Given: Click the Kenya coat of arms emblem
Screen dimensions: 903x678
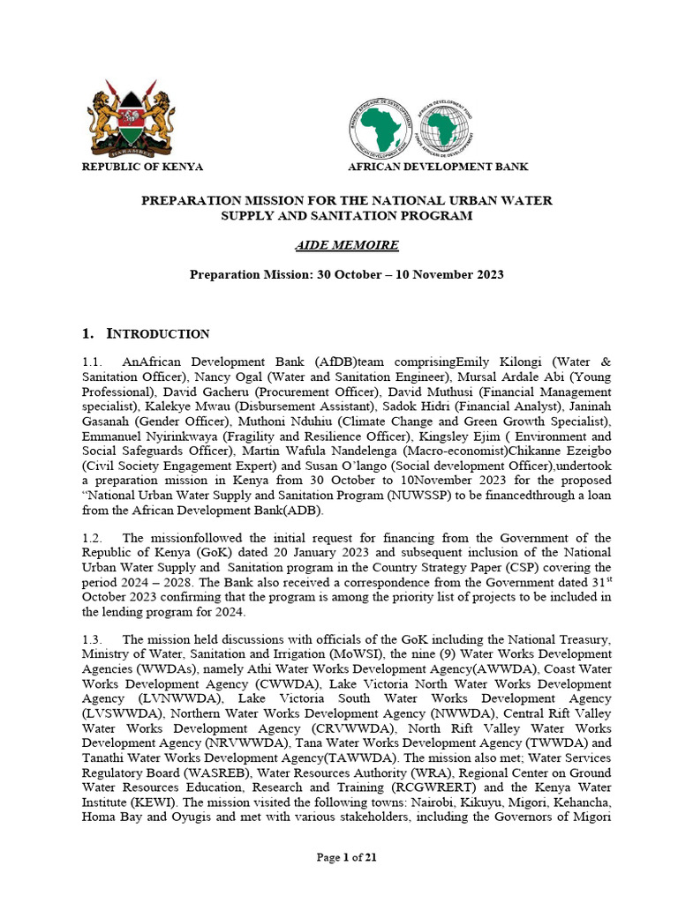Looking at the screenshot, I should (x=128, y=118).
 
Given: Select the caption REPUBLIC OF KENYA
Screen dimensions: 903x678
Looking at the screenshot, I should (x=142, y=167).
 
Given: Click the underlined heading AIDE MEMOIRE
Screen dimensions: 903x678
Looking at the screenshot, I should (x=346, y=244).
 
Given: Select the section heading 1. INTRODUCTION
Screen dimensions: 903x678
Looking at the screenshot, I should (x=146, y=333).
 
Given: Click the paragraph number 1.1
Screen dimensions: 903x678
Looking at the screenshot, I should (x=93, y=362).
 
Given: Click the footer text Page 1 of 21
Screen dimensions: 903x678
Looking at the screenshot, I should (x=347, y=861).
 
